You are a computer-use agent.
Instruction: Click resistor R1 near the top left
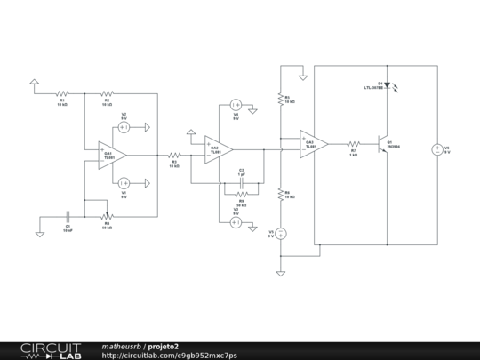pos(62,92)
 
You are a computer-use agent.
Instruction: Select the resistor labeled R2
pos(107,92)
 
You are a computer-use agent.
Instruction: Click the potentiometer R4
pos(107,215)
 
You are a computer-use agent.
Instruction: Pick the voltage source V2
pos(124,127)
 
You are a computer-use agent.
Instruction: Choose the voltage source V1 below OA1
pos(124,182)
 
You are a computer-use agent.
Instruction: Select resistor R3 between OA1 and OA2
pos(174,155)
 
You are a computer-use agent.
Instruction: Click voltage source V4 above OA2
pos(236,105)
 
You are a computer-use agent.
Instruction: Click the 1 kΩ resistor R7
pos(353,144)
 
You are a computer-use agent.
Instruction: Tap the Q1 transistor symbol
pos(384,145)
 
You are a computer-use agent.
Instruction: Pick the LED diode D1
pos(388,86)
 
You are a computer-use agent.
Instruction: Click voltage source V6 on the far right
pos(436,149)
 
